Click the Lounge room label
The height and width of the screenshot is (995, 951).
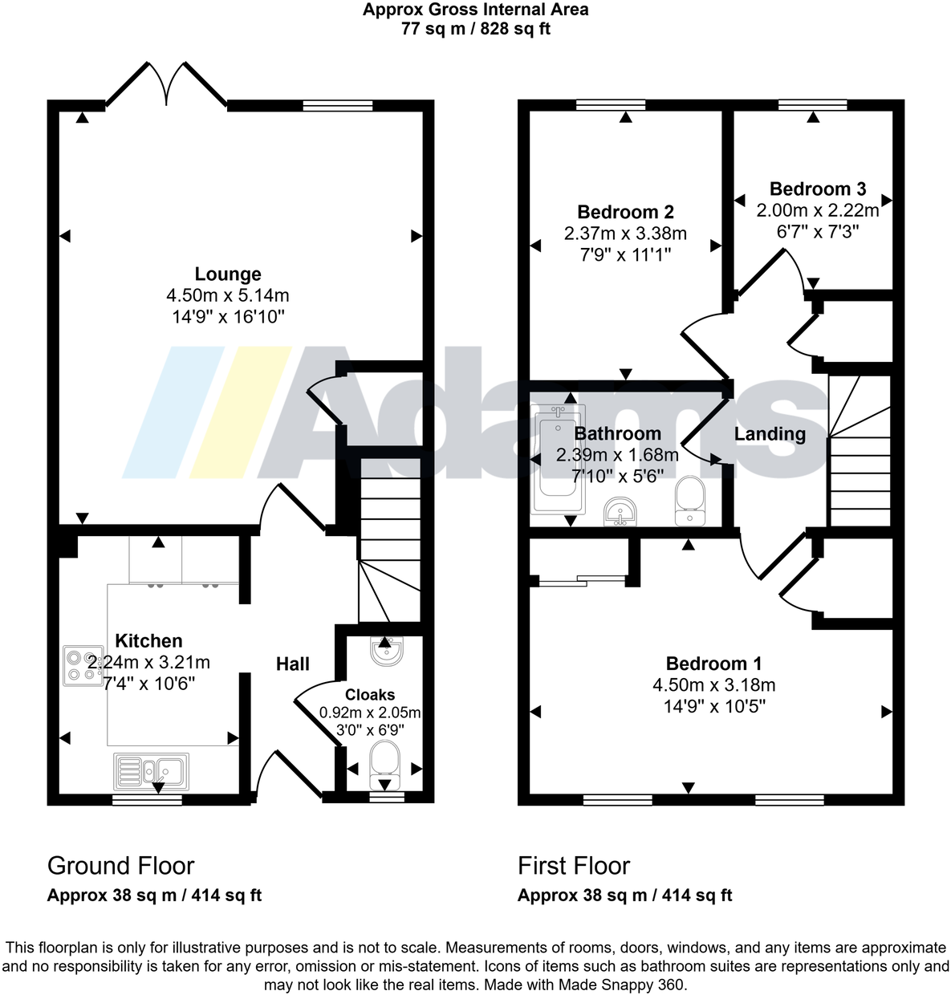[x=228, y=274]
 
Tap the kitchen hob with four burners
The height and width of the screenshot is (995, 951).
[x=83, y=665]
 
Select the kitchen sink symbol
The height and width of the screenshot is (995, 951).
[x=152, y=772]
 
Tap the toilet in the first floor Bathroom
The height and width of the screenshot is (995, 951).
[x=689, y=502]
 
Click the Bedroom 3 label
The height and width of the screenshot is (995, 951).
[x=817, y=189]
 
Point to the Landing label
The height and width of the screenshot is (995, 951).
[x=770, y=434]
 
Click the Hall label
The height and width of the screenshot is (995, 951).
[x=293, y=664]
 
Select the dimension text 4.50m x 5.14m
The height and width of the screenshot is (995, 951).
[x=228, y=296]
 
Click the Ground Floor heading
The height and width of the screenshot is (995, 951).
[x=120, y=866]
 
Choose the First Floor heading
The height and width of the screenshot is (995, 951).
[x=573, y=866]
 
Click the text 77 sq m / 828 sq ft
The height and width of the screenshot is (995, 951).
[x=475, y=30]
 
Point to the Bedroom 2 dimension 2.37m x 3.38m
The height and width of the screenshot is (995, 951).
[x=625, y=234]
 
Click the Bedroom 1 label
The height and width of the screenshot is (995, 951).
[x=713, y=664]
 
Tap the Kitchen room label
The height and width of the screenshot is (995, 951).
[x=148, y=641]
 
